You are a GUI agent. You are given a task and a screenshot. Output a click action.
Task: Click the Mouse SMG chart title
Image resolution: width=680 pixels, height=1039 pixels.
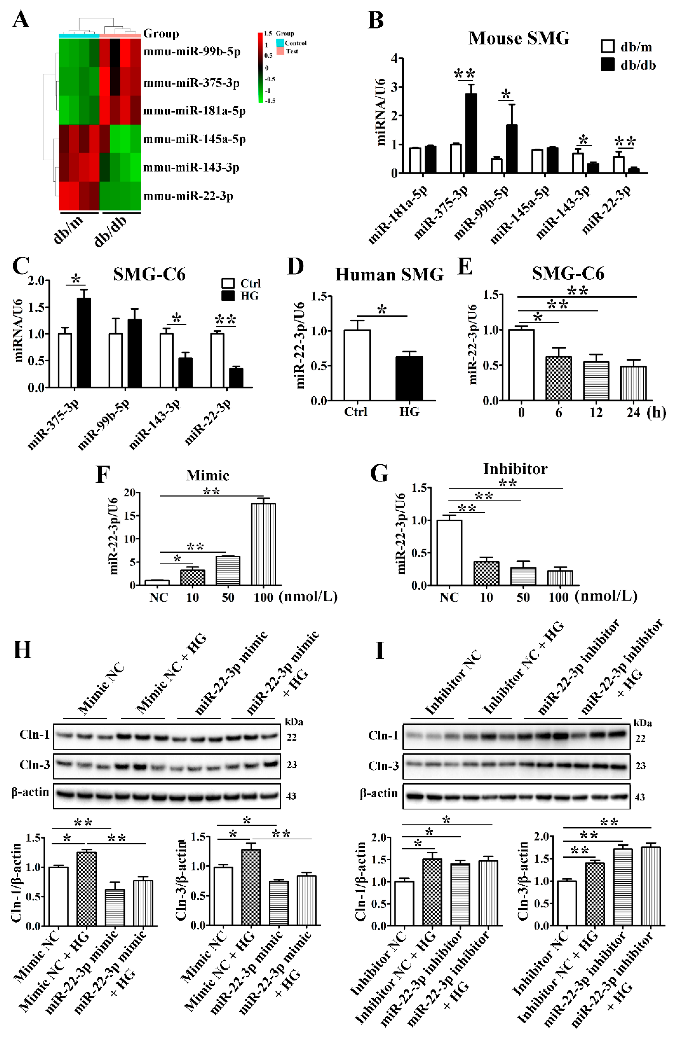pos(519,39)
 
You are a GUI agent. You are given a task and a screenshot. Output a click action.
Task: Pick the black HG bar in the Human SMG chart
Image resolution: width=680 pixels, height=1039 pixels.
pos(409,378)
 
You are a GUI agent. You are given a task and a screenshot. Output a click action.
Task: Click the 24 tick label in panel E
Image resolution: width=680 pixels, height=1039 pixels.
pos(633,412)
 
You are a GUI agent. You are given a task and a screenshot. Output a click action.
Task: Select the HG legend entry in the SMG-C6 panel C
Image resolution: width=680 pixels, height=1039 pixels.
pos(249,296)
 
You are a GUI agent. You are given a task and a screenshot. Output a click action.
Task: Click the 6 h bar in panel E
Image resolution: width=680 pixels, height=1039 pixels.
pos(558,378)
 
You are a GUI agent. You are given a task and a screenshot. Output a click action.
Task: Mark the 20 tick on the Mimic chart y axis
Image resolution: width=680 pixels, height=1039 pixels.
pos(129,492)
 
